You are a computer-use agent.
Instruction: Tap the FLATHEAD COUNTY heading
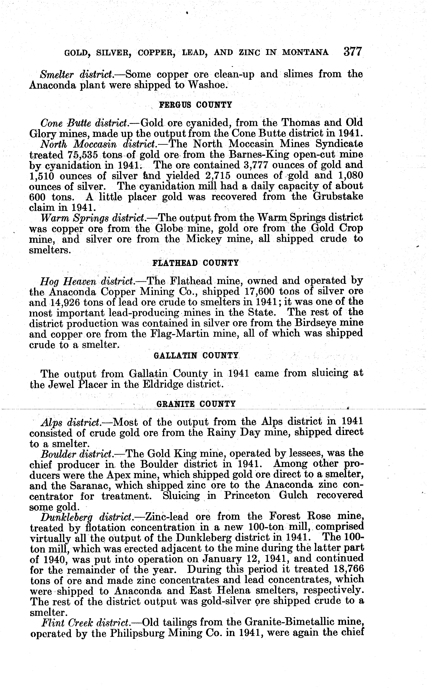click(x=195, y=263)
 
